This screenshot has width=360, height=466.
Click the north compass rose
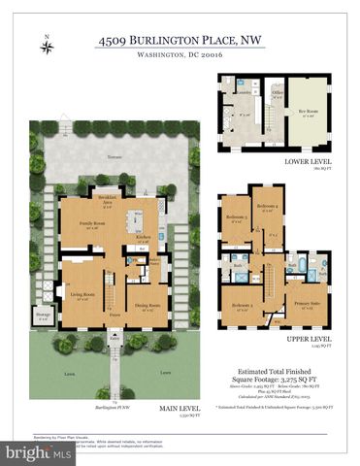click(48, 46)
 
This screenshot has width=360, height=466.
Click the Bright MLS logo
click(40, 451)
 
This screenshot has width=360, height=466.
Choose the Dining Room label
click(147, 302)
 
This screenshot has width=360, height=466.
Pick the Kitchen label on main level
click(143, 236)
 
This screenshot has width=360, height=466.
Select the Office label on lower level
click(278, 94)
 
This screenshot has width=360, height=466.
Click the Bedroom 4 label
click(269, 207)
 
